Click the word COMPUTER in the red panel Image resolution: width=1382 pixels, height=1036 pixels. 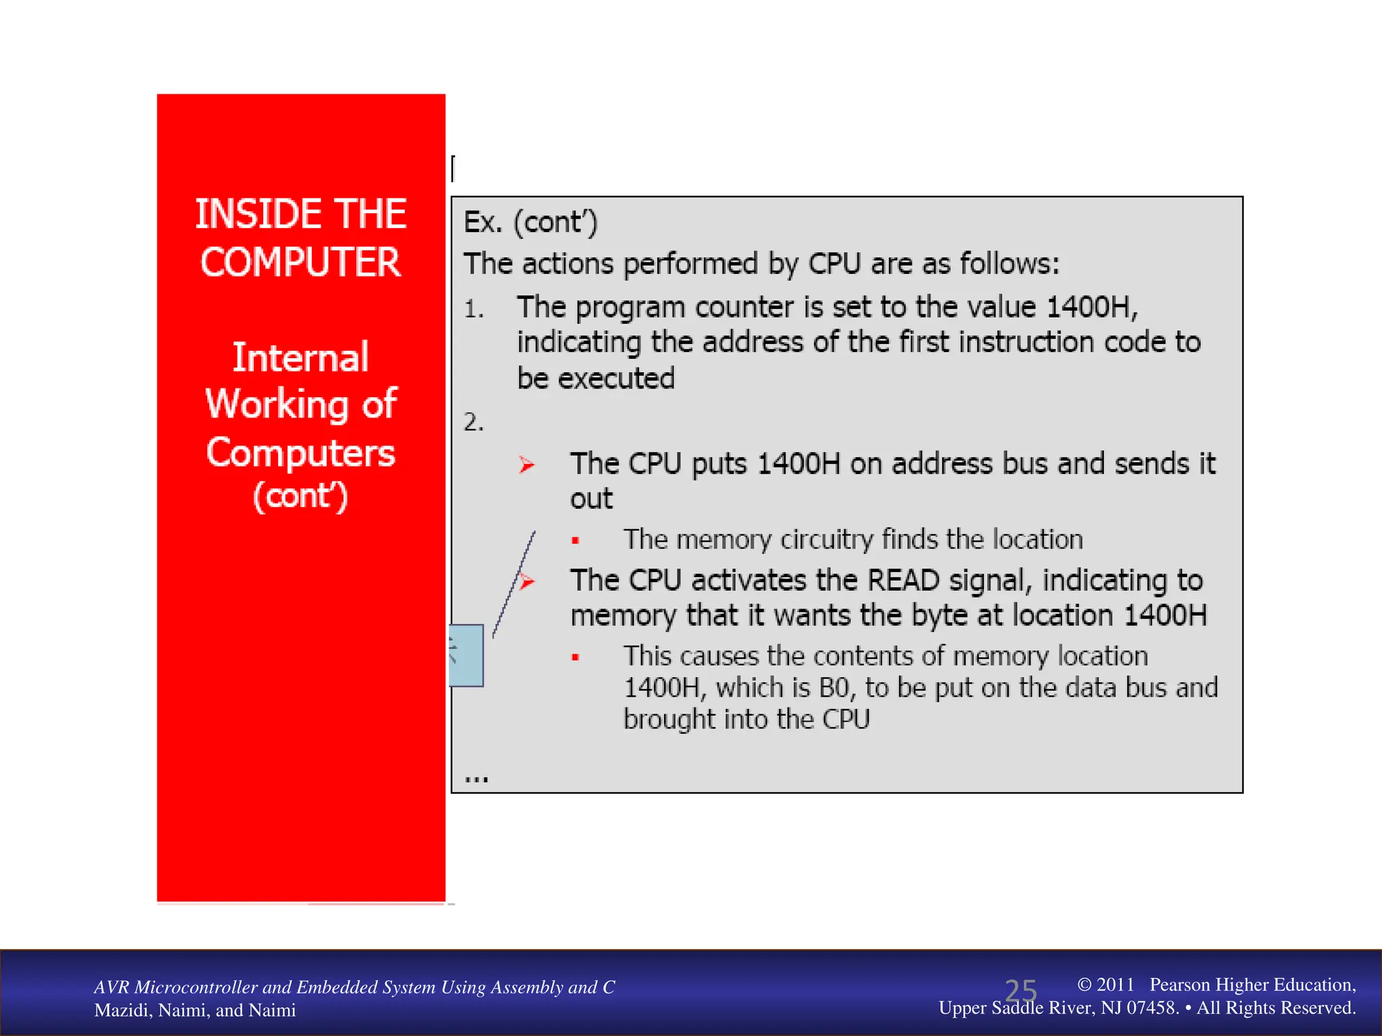click(x=300, y=262)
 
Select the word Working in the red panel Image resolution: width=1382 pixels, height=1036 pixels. click(x=277, y=404)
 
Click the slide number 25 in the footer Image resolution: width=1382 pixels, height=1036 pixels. click(x=1020, y=991)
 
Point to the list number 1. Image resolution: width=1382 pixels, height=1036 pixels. click(x=473, y=310)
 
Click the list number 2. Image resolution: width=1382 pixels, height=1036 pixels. click(x=473, y=422)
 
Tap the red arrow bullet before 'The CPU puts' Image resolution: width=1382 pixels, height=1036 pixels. click(x=526, y=465)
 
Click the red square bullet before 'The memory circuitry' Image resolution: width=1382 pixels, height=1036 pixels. click(x=576, y=540)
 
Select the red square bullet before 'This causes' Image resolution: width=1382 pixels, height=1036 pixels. click(x=576, y=657)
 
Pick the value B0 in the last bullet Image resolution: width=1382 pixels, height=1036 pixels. click(x=833, y=688)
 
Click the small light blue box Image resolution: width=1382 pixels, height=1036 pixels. click(x=466, y=655)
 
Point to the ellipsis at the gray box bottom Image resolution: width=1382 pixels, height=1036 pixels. click(x=476, y=779)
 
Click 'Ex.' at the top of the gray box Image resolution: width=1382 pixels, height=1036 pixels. click(x=482, y=223)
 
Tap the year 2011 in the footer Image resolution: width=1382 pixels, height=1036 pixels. click(x=1115, y=985)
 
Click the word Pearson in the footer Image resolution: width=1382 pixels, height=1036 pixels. click(x=1181, y=985)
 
